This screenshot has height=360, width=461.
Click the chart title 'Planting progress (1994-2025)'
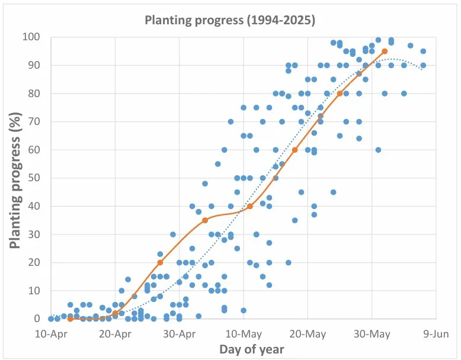(230, 20)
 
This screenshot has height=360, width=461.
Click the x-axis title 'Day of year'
(251, 349)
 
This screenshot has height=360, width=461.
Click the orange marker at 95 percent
(385, 52)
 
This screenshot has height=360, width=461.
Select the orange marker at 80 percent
(340, 94)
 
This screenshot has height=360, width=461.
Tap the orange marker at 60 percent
(294, 150)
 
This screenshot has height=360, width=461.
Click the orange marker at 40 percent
(249, 206)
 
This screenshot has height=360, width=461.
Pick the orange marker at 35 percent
(205, 220)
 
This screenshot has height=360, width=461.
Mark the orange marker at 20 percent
(160, 262)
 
